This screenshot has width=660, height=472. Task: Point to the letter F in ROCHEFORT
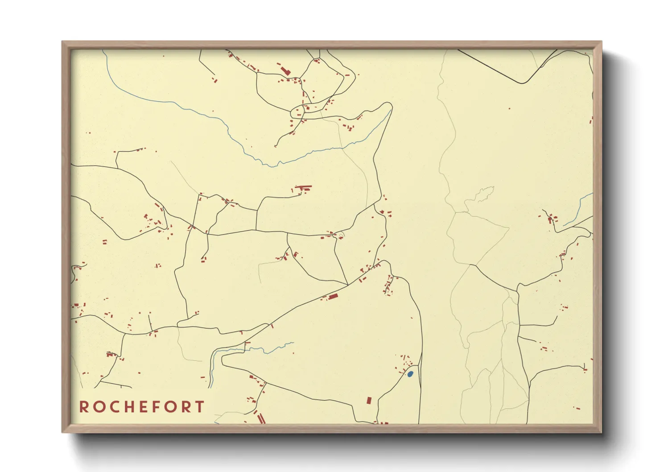tap(156, 407)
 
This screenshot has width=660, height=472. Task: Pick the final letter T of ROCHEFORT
tap(200, 407)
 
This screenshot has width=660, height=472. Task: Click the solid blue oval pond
tap(410, 374)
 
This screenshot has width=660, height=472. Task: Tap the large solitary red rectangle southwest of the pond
tap(369, 400)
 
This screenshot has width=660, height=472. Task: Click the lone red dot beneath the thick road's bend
tap(510, 108)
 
